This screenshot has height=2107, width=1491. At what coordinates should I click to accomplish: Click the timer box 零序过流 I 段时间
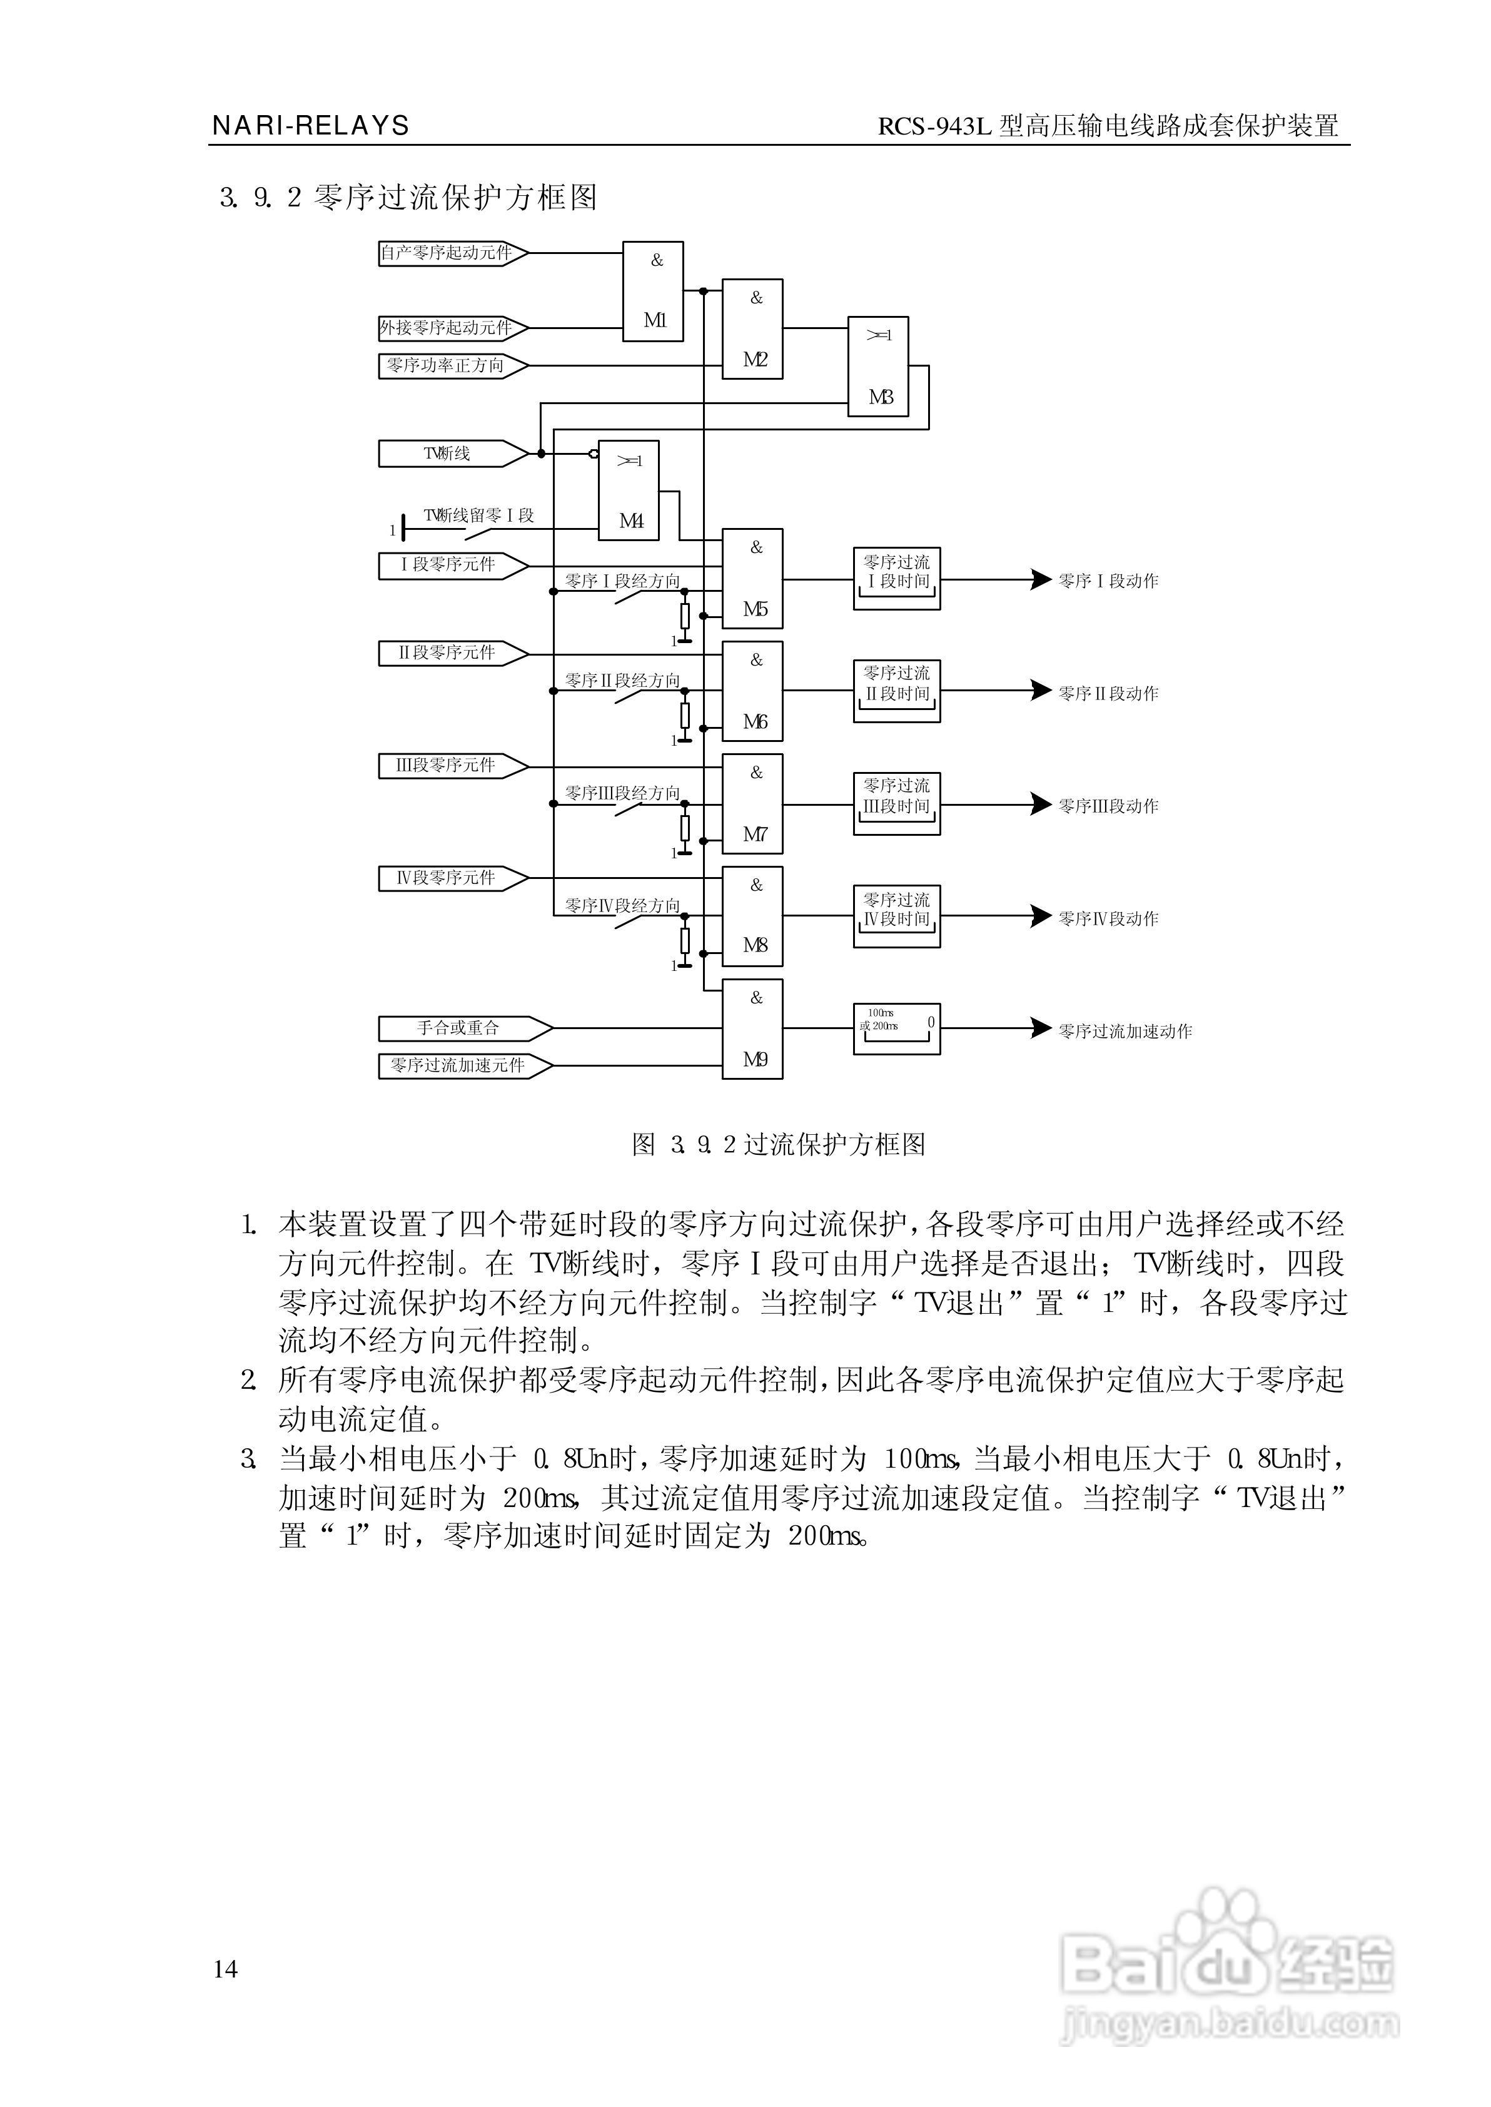(896, 579)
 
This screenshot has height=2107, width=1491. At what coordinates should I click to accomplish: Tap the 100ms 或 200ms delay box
(896, 1028)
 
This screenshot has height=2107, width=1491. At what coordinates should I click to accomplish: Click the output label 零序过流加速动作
(1125, 1031)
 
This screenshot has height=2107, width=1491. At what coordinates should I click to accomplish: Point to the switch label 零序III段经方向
(622, 792)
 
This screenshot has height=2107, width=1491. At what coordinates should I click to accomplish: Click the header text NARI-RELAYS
(310, 126)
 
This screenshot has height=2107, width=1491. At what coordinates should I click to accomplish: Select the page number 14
(225, 1968)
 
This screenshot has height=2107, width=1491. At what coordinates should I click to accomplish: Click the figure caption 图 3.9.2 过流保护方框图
(779, 1144)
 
